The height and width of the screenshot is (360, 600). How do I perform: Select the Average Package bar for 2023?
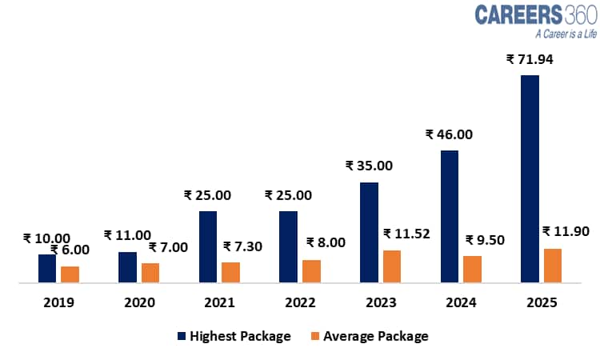(391, 266)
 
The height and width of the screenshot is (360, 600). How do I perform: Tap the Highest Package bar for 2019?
(47, 268)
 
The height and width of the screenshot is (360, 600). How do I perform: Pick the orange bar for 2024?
(472, 269)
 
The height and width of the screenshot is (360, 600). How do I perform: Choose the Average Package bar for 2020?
(150, 272)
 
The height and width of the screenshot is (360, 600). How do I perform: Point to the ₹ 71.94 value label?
(530, 59)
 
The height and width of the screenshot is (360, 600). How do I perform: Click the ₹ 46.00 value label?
(449, 134)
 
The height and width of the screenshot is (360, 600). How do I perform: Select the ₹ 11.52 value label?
(407, 234)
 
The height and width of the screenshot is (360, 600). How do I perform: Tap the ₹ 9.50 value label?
(485, 239)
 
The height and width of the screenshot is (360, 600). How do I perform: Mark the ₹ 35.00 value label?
(369, 166)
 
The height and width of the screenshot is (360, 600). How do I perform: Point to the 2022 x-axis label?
(300, 303)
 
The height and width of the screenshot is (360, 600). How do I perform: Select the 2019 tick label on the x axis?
(58, 303)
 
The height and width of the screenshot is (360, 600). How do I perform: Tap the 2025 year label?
(541, 303)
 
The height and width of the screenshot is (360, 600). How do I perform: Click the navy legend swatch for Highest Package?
(181, 336)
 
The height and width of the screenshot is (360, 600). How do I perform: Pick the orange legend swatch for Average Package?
(315, 336)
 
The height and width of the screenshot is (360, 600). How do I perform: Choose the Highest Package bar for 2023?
(369, 232)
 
